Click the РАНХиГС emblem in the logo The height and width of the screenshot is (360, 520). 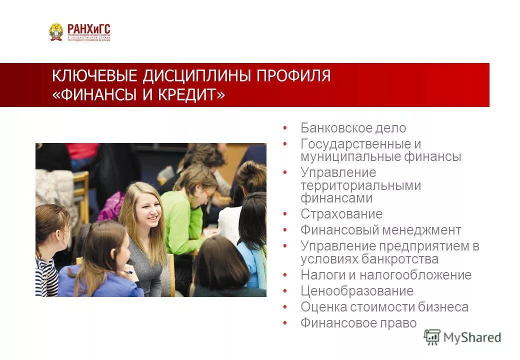pos(56,31)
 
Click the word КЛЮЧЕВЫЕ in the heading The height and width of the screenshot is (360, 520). pos(94,76)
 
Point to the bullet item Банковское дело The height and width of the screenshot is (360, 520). pos(353,128)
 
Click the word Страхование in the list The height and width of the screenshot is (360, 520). pos(341,214)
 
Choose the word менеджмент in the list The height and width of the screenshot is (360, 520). pos(421,230)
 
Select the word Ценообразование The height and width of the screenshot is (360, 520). pos(357,291)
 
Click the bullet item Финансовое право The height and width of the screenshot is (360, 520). pos(358,323)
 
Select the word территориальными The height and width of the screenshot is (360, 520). pos(360,185)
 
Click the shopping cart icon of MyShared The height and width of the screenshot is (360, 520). pos(431,337)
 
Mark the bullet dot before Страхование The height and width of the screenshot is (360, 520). pos(285,214)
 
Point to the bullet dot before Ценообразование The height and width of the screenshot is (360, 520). pos(285,291)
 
